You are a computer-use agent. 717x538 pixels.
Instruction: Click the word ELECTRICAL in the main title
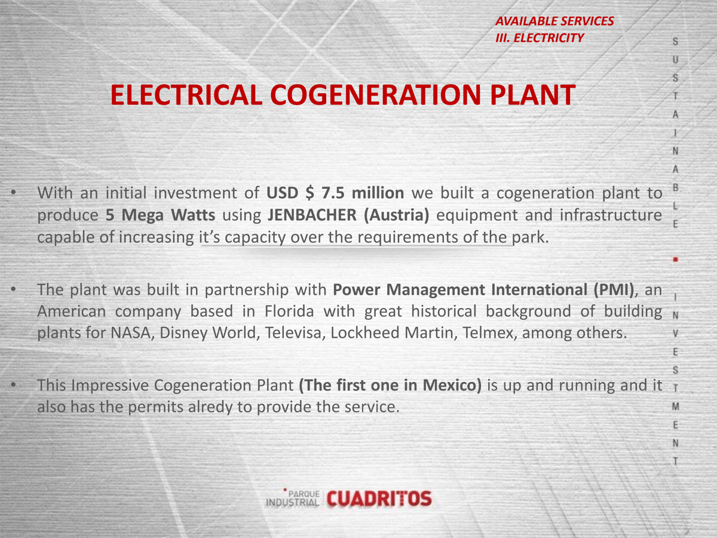pos(186,94)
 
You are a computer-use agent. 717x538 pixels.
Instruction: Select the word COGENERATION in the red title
pos(376,94)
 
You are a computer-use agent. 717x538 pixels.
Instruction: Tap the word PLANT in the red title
pos(533,94)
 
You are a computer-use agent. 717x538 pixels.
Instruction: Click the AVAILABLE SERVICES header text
pos(554,22)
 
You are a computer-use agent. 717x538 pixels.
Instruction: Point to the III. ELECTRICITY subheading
pos(540,38)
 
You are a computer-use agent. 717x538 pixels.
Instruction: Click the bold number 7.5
pos(333,192)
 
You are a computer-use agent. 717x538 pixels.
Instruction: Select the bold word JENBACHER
pos(312,215)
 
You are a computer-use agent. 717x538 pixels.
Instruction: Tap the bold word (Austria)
pos(397,215)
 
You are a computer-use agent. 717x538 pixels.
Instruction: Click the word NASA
pos(131,333)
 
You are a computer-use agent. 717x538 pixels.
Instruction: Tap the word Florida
pos(289,311)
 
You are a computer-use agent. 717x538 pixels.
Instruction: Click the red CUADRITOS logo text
pos(379,499)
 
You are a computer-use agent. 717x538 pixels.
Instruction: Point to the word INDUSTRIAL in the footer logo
pos(292,502)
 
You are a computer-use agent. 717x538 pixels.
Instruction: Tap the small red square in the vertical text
pos(676,259)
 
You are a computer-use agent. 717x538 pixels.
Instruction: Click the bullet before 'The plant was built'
pos(13,289)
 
